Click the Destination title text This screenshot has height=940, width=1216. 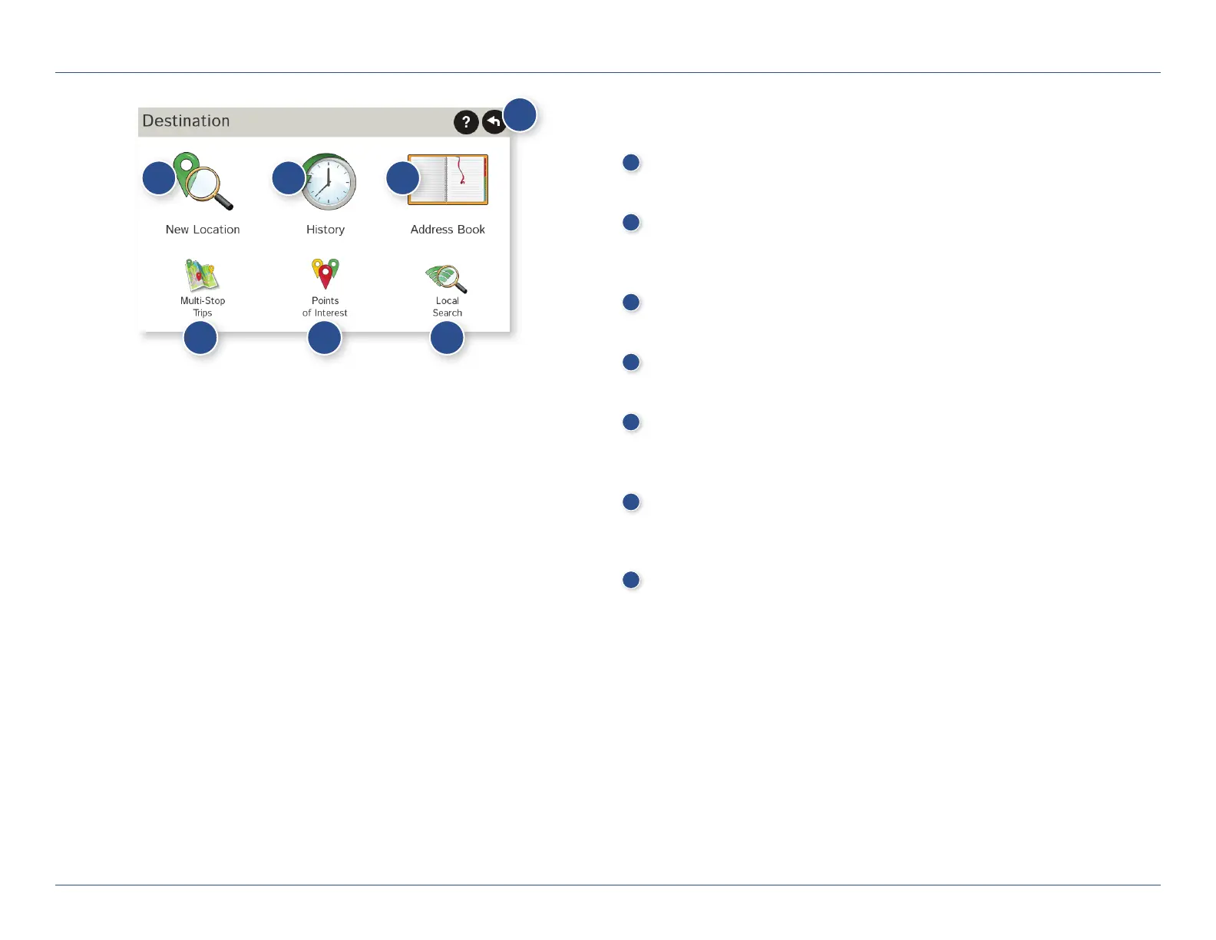(186, 121)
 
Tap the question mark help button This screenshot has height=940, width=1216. (466, 122)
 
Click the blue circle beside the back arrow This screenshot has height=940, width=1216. (520, 115)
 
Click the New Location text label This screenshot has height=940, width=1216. (203, 230)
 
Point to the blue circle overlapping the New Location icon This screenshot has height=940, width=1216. (159, 178)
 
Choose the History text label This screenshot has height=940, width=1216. (325, 230)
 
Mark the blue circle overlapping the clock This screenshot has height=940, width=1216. (289, 178)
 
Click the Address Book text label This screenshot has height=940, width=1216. (448, 230)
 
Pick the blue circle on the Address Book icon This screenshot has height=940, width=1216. (402, 178)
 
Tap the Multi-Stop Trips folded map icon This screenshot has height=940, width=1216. (202, 276)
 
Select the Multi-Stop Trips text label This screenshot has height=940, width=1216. (203, 306)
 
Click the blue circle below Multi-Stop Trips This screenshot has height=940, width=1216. (200, 338)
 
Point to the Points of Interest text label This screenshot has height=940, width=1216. (325, 306)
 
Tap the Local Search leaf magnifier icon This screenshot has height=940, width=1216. (447, 278)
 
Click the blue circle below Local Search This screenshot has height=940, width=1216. (447, 338)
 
